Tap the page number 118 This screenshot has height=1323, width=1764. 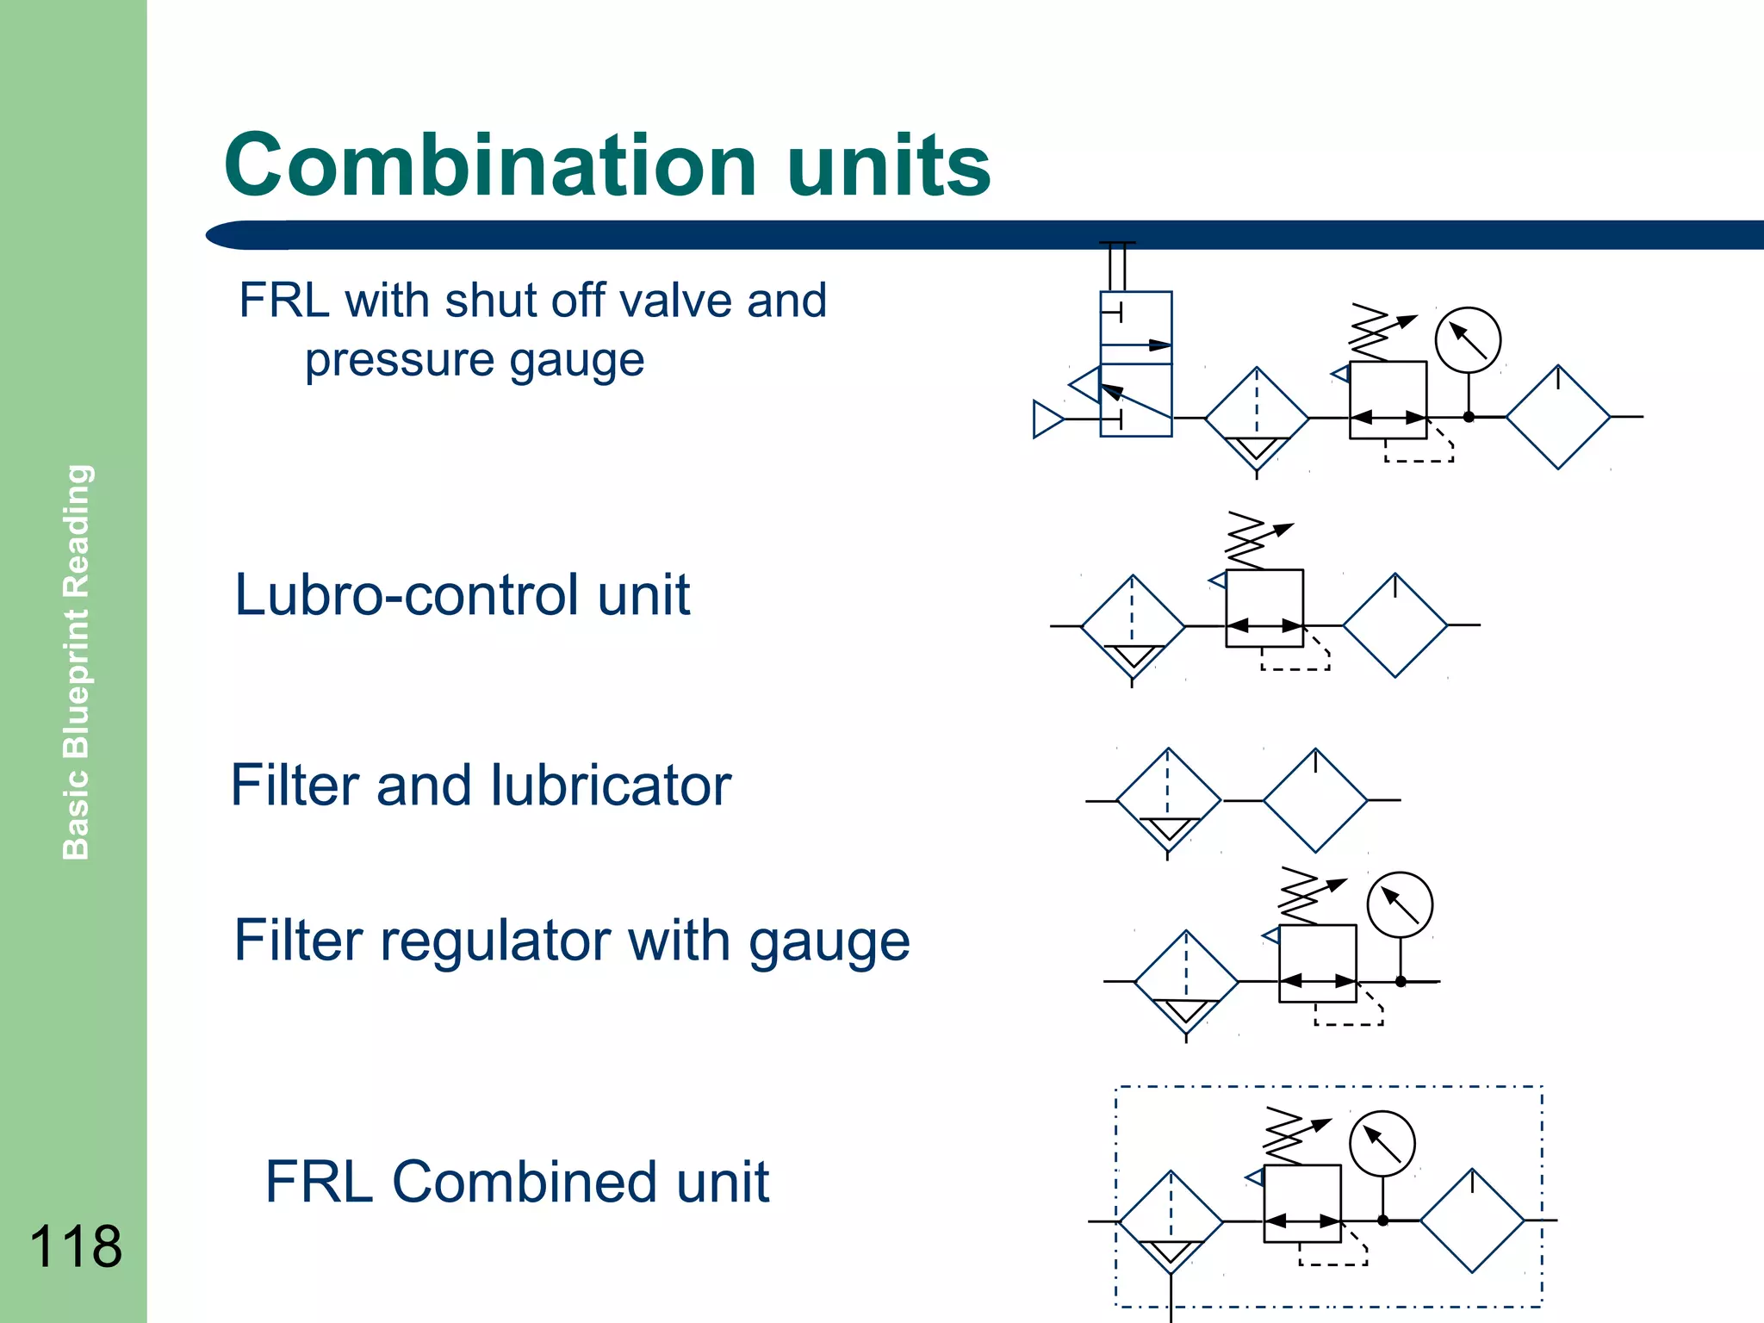pyautogui.click(x=76, y=1245)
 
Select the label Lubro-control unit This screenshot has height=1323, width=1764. pyautogui.click(x=463, y=595)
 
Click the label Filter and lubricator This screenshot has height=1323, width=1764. pyautogui.click(x=481, y=786)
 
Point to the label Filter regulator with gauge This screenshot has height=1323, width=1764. pyautogui.click(x=572, y=940)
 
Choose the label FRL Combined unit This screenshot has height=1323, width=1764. pyautogui.click(x=517, y=1181)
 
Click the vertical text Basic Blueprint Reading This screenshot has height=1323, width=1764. pyautogui.click(x=77, y=661)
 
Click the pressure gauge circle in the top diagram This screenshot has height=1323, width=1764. pyautogui.click(x=1468, y=340)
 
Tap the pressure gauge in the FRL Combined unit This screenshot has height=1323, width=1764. pyautogui.click(x=1382, y=1144)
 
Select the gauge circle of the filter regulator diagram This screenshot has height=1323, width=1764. pyautogui.click(x=1400, y=905)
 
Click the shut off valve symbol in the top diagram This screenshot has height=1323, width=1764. pyautogui.click(x=1135, y=364)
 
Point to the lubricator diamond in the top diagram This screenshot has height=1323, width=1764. pyautogui.click(x=1557, y=417)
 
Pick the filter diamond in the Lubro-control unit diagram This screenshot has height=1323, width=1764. pyautogui.click(x=1133, y=626)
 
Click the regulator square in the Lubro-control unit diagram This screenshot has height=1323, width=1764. pyautogui.click(x=1264, y=608)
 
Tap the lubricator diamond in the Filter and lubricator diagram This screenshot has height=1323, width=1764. pyautogui.click(x=1314, y=800)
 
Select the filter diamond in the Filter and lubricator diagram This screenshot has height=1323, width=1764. pyautogui.click(x=1168, y=800)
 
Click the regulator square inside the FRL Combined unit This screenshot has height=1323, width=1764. pyautogui.click(x=1301, y=1203)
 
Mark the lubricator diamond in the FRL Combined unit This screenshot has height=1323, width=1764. pyautogui.click(x=1472, y=1221)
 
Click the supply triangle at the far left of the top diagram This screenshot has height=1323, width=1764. pyautogui.click(x=1047, y=419)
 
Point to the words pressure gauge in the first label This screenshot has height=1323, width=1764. pyautogui.click(x=475, y=360)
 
